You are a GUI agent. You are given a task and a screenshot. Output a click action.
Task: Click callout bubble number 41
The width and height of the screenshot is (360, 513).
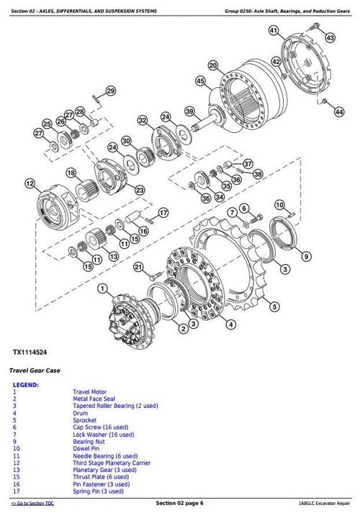[x=273, y=30]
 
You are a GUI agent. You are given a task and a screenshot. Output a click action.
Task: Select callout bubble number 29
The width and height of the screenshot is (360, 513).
[x=110, y=91]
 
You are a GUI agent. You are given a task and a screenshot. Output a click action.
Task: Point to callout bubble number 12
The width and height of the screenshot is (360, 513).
[x=30, y=184]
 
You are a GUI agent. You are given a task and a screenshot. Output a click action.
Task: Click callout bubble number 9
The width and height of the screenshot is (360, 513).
[x=306, y=254]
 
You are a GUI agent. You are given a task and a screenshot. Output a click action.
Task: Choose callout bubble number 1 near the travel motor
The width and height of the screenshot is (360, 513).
[x=102, y=289]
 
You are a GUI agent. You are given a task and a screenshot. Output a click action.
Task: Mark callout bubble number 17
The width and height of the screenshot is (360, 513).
[x=163, y=212]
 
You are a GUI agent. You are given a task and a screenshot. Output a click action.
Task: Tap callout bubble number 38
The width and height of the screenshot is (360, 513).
[x=258, y=173]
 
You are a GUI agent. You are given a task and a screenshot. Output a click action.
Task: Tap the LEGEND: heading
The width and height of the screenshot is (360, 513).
[x=26, y=385]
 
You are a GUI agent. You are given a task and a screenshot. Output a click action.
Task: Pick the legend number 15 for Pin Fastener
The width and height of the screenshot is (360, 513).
[x=17, y=485]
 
